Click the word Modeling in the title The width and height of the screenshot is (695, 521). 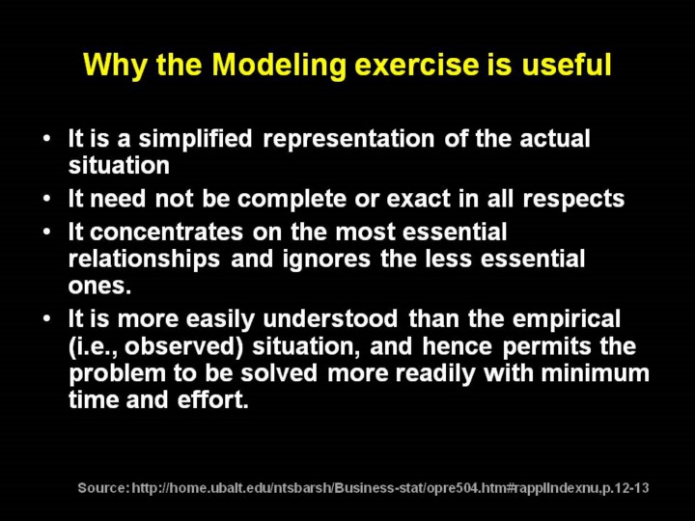tap(278, 65)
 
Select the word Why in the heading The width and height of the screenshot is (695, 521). tap(115, 66)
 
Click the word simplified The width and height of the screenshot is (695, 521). tap(195, 139)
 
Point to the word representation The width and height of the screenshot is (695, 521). tap(348, 139)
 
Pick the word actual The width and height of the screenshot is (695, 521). tap(555, 138)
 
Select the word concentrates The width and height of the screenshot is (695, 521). tap(166, 233)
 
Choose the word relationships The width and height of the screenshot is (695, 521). tap(144, 260)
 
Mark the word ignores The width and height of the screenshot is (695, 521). tap(326, 260)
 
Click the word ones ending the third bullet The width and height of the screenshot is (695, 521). tap(99, 287)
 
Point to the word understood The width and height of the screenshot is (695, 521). tap(330, 318)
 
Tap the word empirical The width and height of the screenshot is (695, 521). tap(566, 320)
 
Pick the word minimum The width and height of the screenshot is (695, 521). tap(595, 373)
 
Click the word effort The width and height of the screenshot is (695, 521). tap(212, 399)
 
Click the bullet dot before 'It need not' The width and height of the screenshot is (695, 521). tap(47, 199)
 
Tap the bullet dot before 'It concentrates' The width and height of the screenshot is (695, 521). tap(47, 232)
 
